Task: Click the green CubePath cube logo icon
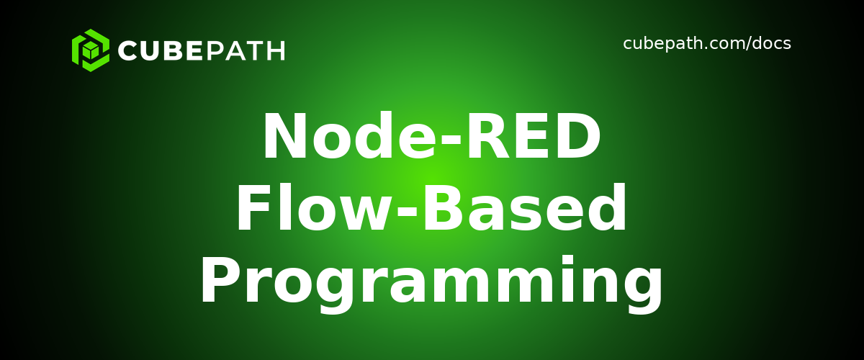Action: pos(90,50)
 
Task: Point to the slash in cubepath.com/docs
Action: pos(747,44)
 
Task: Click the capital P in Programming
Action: pos(218,282)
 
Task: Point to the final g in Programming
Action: pos(644,288)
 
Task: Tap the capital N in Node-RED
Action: pos(284,138)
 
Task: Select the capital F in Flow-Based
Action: pos(252,210)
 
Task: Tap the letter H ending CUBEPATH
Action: pos(275,51)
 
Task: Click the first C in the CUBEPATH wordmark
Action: pos(128,51)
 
